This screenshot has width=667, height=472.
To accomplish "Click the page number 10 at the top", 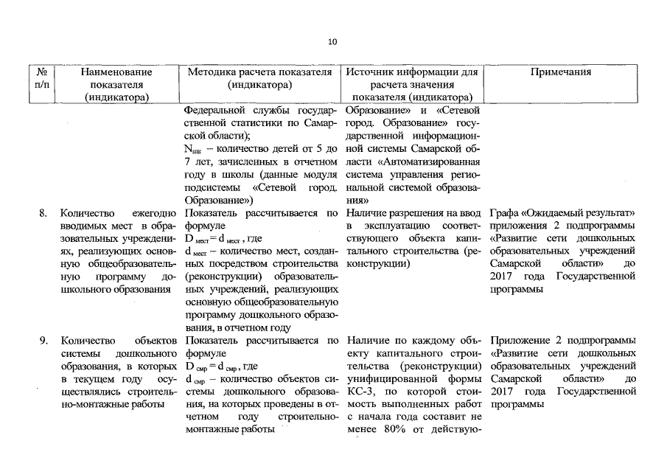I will click(333, 42).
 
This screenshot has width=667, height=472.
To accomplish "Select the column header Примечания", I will click(560, 72).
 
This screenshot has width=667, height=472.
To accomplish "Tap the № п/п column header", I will click(42, 78).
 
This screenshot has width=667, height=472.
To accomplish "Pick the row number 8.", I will click(43, 213).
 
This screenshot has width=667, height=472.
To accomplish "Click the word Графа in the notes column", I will click(506, 213).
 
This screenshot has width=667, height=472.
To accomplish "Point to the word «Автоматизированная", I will click(431, 162).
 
